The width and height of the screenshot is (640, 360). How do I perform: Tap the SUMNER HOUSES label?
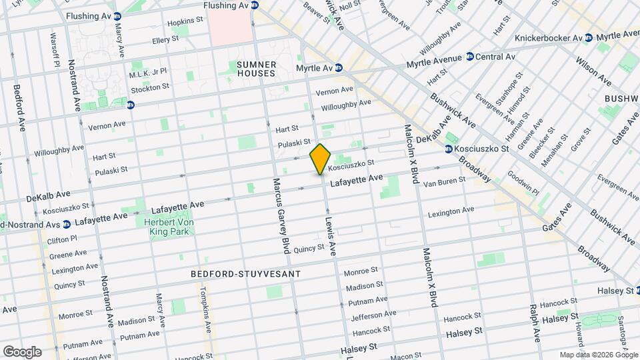(x=256, y=69)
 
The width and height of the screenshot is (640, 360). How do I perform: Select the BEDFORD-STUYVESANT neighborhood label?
(x=245, y=274)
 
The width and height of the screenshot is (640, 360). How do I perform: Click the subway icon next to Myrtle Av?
(x=339, y=67)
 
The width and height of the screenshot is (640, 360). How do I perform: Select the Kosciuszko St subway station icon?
(x=449, y=148)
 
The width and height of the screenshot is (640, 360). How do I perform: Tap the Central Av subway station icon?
(x=469, y=57)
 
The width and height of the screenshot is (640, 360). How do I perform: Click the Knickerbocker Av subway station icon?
(x=588, y=38)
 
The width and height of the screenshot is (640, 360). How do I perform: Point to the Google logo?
(x=21, y=351)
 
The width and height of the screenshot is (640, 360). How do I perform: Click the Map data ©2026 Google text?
(x=598, y=355)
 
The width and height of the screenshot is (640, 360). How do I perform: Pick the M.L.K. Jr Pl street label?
(x=148, y=71)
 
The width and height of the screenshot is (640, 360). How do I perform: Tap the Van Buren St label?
(x=443, y=181)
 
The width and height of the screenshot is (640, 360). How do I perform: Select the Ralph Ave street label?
(x=534, y=321)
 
